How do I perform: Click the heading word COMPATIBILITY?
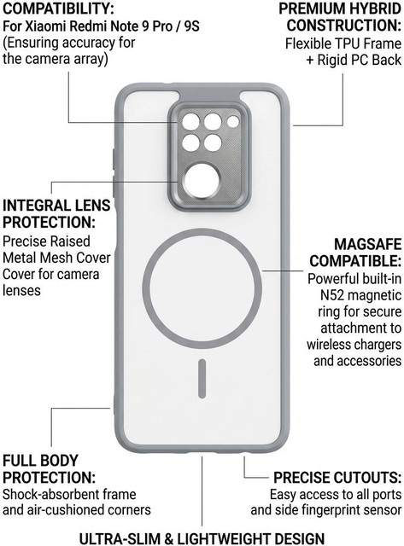click(58, 9)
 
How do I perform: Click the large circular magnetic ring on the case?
click(202, 232)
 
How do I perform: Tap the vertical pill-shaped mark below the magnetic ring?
click(202, 379)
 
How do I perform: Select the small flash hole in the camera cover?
click(233, 121)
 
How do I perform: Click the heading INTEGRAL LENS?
click(56, 206)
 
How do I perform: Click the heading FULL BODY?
click(40, 461)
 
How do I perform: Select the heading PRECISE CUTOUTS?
click(337, 478)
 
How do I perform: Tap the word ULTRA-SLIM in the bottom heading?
click(120, 538)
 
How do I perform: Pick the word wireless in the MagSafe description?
click(328, 345)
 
